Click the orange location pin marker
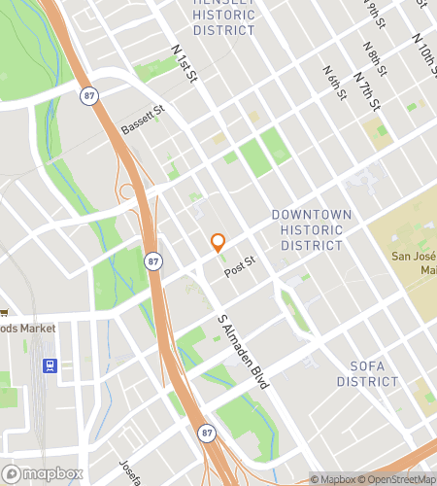pyautogui.click(x=218, y=243)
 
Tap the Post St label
pyautogui.click(x=239, y=267)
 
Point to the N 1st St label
pyautogui.click(x=184, y=63)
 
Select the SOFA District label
pyautogui.click(x=368, y=374)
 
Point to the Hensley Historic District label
pyautogui.click(x=224, y=17)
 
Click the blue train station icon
pyautogui.click(x=50, y=366)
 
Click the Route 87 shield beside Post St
pyautogui.click(x=153, y=261)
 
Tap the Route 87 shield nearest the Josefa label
pyautogui.click(x=206, y=432)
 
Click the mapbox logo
pyautogui.click(x=41, y=473)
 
